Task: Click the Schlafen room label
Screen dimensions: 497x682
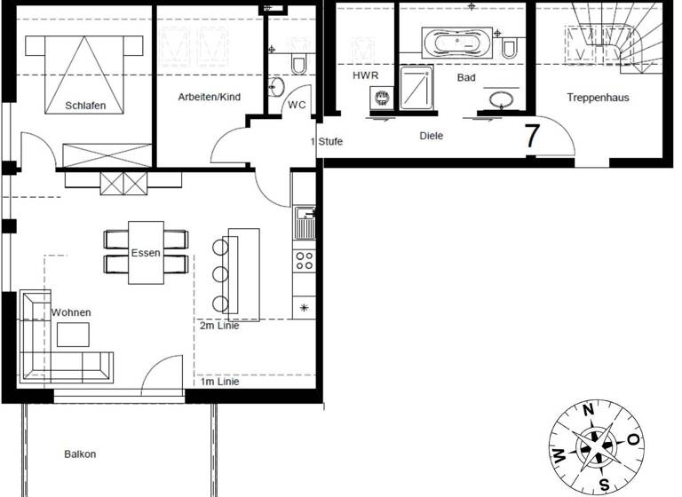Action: click(x=85, y=106)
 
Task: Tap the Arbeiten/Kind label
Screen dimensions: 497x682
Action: click(x=209, y=97)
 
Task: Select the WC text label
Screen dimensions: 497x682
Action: click(x=297, y=105)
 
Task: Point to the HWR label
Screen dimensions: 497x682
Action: click(x=366, y=77)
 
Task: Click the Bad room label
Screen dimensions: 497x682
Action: click(x=466, y=78)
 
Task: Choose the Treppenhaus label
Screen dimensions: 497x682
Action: click(x=598, y=98)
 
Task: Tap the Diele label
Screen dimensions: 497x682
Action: click(x=432, y=136)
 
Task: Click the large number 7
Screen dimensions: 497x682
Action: click(x=533, y=137)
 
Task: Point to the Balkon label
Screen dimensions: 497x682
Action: click(x=80, y=454)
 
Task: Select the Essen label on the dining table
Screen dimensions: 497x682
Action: click(x=146, y=253)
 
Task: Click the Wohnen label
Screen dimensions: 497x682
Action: click(x=71, y=312)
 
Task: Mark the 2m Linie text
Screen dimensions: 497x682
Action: click(x=219, y=326)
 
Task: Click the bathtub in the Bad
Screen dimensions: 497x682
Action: click(x=456, y=42)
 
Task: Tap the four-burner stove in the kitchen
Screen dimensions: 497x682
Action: click(x=304, y=259)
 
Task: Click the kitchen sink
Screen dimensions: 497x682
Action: click(x=304, y=222)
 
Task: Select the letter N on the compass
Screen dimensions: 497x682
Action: click(x=588, y=410)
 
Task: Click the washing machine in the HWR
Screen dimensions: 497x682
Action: click(x=381, y=98)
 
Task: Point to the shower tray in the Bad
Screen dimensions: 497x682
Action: click(x=416, y=88)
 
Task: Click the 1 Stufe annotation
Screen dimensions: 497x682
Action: click(x=326, y=142)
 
